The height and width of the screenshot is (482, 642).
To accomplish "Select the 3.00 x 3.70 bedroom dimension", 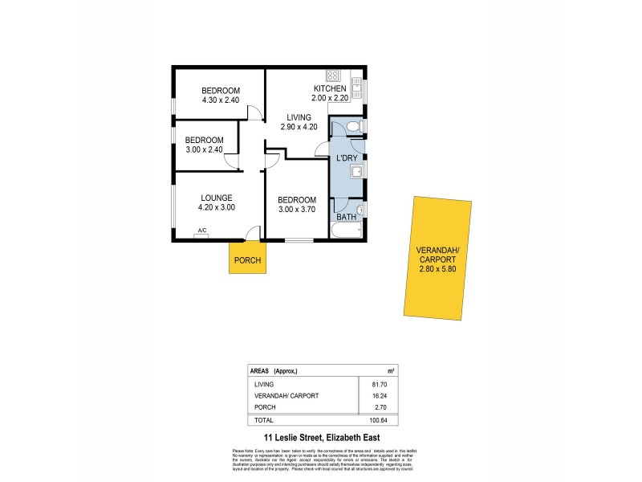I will click(x=297, y=210).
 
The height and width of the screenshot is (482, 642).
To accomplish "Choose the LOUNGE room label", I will click(x=217, y=198).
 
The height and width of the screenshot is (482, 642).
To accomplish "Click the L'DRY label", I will click(x=347, y=158).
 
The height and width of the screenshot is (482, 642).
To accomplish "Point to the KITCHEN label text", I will click(x=330, y=88).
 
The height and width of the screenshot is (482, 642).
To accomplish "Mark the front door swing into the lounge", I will click(x=253, y=233).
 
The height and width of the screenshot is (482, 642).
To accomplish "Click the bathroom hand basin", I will click(x=360, y=210).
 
